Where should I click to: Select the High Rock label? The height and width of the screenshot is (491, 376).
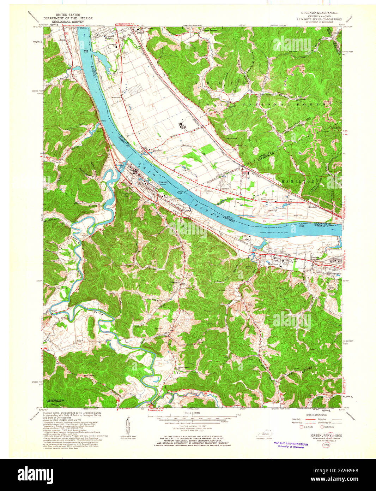click(231, 138)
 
